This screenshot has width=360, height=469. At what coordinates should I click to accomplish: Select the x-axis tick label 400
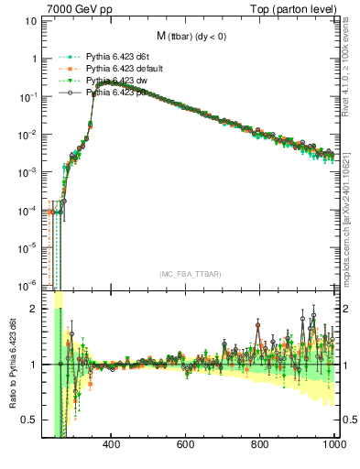pos(112,445)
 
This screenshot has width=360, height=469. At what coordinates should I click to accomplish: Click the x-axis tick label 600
pos(186,445)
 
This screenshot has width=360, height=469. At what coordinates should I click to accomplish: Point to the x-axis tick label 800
pos(260,445)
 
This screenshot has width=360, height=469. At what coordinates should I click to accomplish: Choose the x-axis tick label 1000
pos(333,445)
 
